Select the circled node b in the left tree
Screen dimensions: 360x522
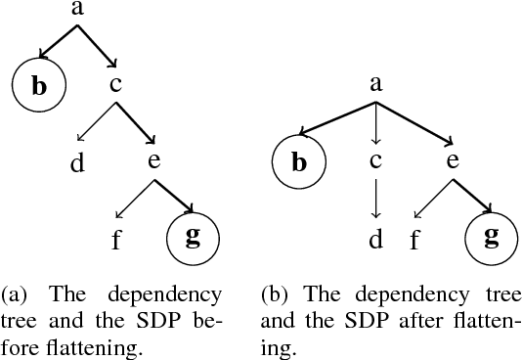(x=38, y=86)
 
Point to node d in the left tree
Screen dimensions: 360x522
(x=77, y=161)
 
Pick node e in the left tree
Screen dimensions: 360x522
(x=153, y=161)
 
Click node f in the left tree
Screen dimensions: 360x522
(x=115, y=238)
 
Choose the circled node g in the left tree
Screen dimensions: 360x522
(x=192, y=238)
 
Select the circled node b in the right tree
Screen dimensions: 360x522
(x=299, y=161)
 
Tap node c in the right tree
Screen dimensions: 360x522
(x=375, y=161)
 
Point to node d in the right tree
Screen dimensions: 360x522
(x=375, y=238)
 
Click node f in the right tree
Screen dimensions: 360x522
(x=414, y=238)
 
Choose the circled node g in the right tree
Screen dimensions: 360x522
(x=491, y=238)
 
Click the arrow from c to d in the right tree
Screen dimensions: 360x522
(x=375, y=199)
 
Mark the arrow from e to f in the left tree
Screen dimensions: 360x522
(x=133, y=201)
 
